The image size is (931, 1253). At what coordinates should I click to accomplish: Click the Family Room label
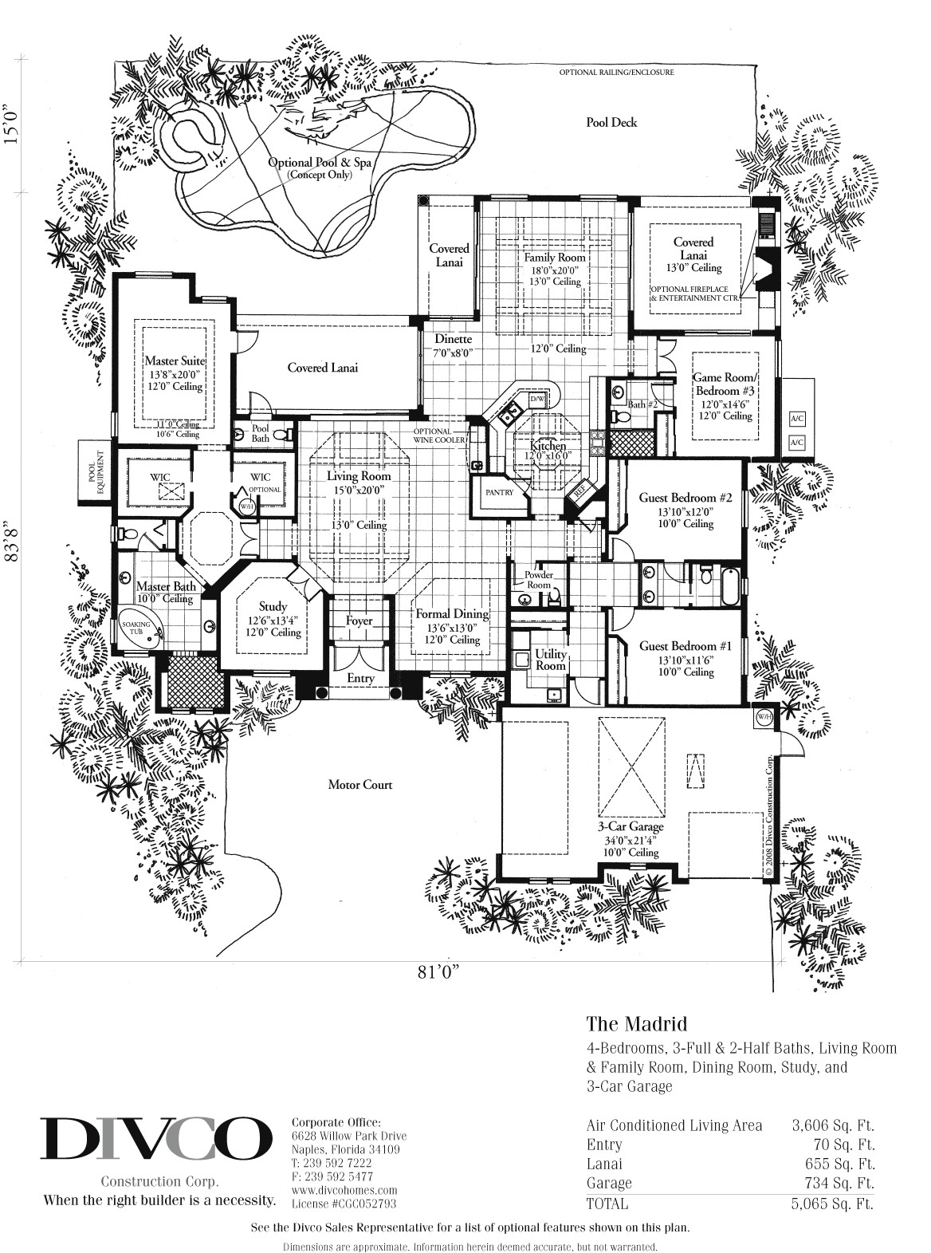pyautogui.click(x=554, y=258)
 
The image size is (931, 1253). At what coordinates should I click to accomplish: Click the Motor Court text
pyautogui.click(x=360, y=785)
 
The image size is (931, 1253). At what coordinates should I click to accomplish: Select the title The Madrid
pyautogui.click(x=636, y=1022)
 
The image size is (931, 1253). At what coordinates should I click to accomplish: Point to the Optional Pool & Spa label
pyautogui.click(x=320, y=163)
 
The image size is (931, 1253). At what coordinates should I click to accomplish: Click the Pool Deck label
pyautogui.click(x=611, y=123)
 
